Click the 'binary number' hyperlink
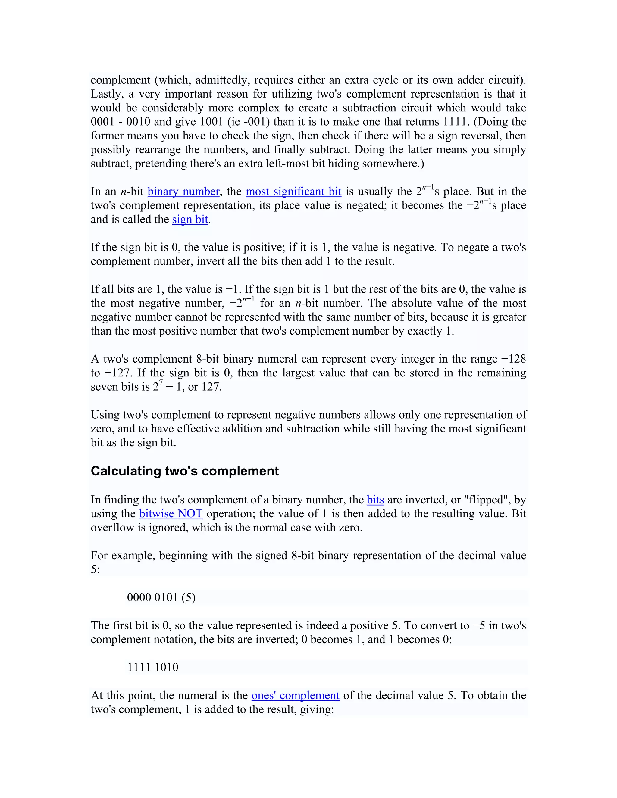183,192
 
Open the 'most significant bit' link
293,192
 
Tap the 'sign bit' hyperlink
190,219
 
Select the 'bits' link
375,500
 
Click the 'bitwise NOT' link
171,514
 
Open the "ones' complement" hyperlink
295,695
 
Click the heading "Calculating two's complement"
185,471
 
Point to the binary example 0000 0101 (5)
161,597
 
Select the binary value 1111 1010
152,667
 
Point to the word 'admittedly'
223,80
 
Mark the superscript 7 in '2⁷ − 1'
161,383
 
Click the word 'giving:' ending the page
317,709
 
